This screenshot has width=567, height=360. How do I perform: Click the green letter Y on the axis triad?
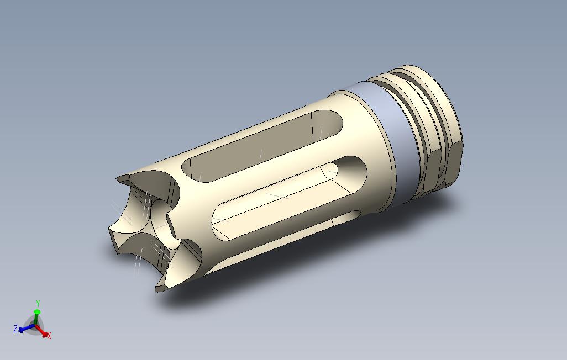point(37,303)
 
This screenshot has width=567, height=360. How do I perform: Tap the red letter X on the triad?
point(49,336)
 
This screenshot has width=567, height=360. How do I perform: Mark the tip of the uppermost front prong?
point(123,179)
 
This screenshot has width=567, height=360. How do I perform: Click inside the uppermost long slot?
point(254,146)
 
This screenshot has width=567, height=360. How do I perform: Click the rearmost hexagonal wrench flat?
point(454,160)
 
